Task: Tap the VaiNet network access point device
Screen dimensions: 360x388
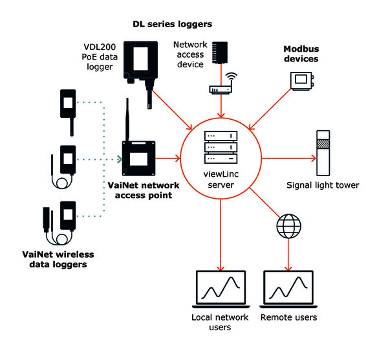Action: (139, 157)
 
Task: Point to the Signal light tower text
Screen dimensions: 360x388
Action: (322, 185)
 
